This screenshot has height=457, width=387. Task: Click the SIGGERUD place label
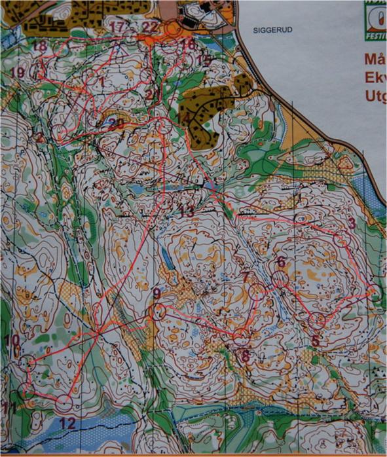click(x=270, y=30)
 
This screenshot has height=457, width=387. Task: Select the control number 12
click(x=67, y=424)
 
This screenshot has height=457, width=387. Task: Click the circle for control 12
click(x=64, y=404)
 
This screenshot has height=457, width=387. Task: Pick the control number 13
click(x=187, y=211)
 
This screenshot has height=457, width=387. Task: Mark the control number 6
click(x=281, y=262)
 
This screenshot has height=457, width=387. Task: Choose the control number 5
click(x=316, y=340)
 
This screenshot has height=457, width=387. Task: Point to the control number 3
click(x=352, y=223)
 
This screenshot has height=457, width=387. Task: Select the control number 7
click(x=246, y=277)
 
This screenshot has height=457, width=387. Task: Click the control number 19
click(x=18, y=72)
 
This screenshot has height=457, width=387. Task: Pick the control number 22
click(x=150, y=26)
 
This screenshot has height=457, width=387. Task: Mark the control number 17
click(x=118, y=27)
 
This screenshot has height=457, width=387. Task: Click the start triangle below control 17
click(x=119, y=48)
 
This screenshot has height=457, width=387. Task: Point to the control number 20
click(x=116, y=122)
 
